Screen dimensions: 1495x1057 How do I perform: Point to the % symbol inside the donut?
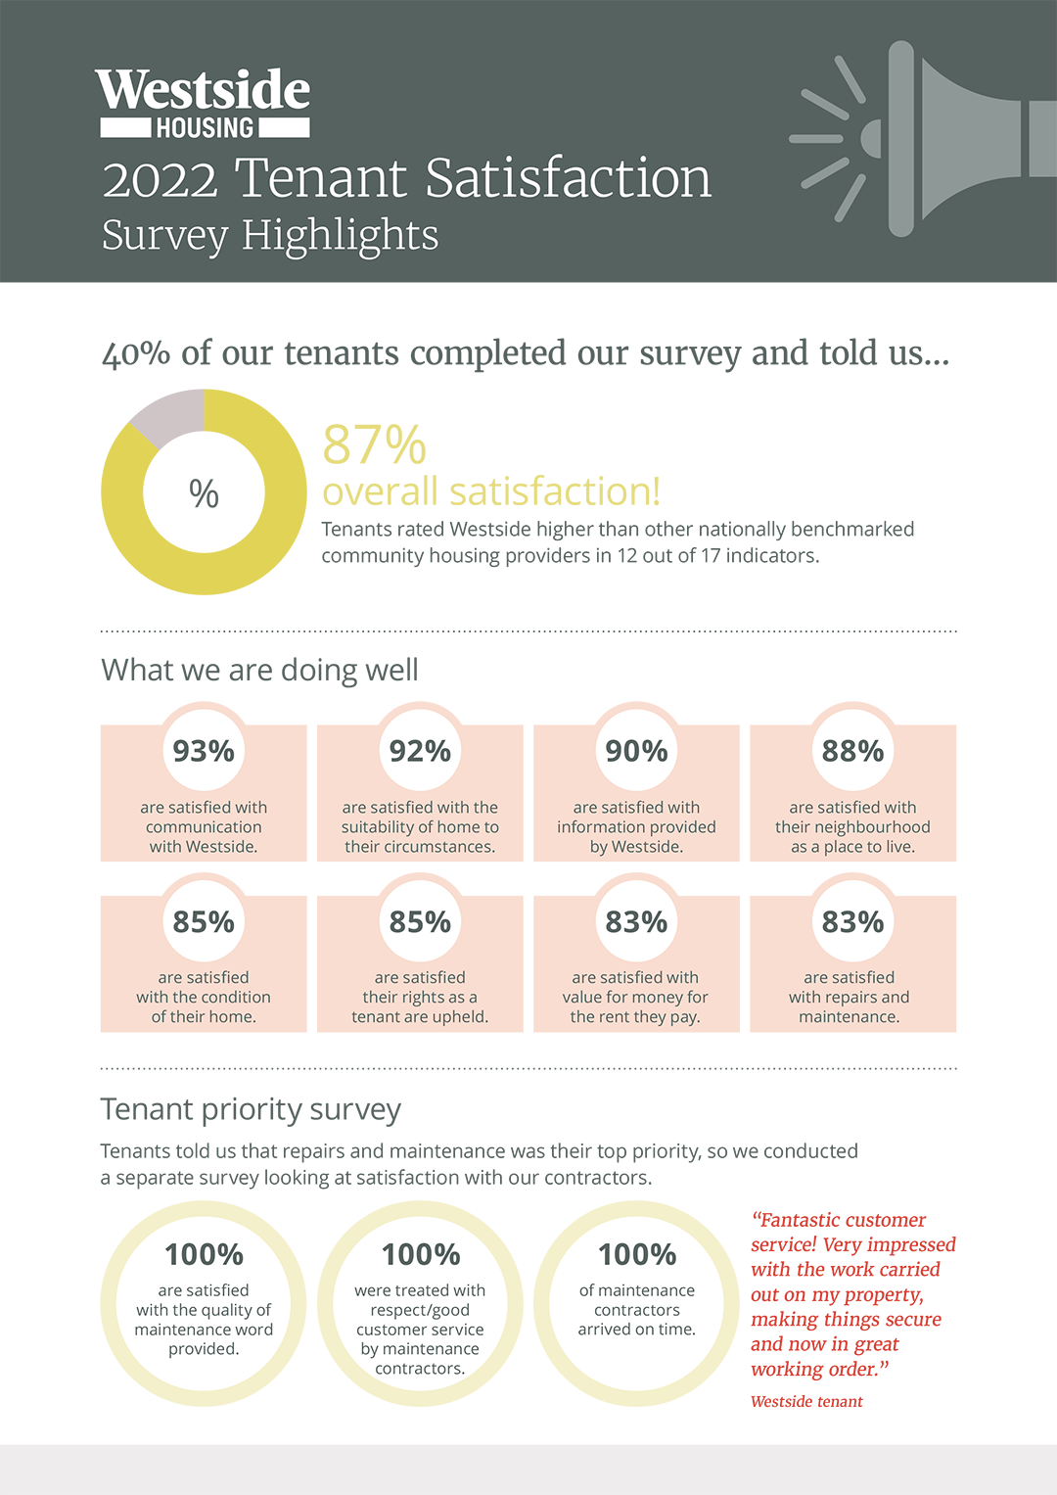pos(204,493)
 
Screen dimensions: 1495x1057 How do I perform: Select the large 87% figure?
pos(375,445)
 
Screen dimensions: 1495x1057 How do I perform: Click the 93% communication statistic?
pos(204,751)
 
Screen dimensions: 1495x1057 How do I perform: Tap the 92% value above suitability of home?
pos(420,751)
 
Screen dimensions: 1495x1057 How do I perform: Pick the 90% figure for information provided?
pos(636,751)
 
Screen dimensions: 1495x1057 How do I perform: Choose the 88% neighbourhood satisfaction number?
pos(852,751)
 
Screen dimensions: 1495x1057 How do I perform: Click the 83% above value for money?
pos(636,922)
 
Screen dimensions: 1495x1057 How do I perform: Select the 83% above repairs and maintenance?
pos(852,922)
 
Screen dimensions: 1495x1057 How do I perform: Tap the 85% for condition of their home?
pos(204,922)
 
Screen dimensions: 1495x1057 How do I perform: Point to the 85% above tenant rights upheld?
pos(420,922)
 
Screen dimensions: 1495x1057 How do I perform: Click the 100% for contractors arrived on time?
pos(637,1254)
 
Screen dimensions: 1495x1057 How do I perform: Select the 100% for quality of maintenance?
pos(204,1254)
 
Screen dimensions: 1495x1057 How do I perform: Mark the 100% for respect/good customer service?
pos(421,1254)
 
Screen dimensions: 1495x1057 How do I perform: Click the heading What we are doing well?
pos(259,670)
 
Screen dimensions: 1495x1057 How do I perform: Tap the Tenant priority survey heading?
pos(251,1109)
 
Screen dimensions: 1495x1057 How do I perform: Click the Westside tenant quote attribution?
pos(806,1402)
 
